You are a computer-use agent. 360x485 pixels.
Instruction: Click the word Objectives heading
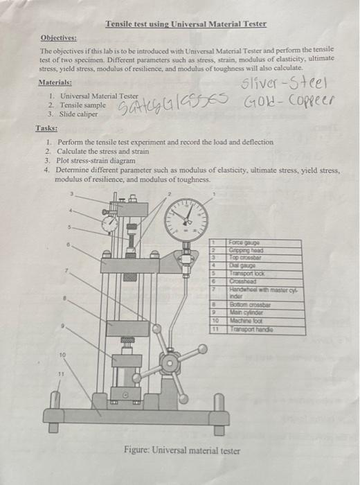59,38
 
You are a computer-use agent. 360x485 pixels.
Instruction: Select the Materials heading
57,82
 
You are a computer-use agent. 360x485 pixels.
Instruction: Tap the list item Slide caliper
78,114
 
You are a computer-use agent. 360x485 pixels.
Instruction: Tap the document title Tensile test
186,24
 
